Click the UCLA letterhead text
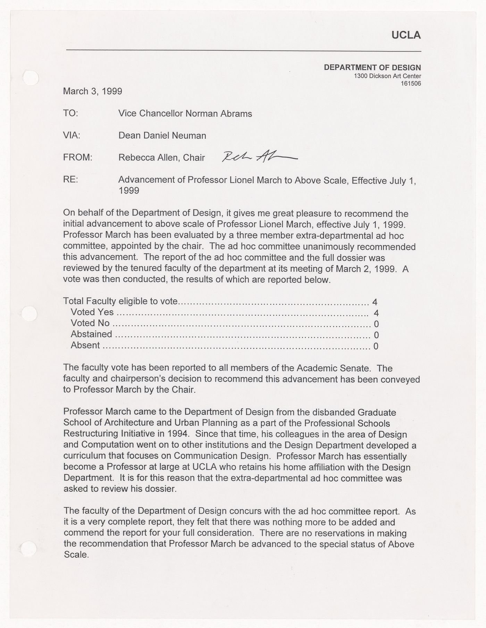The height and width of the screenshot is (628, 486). [406, 35]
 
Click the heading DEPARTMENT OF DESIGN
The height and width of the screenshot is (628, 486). [372, 68]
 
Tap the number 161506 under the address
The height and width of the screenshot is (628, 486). [411, 84]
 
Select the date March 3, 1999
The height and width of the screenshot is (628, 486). [92, 91]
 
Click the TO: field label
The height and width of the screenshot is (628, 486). [71, 113]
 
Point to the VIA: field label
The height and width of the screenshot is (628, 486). [72, 136]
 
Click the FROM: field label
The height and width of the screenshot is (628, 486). [77, 158]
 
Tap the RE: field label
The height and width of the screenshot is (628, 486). [70, 180]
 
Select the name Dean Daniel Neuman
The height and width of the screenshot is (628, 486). [162, 136]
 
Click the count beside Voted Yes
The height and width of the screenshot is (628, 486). [376, 313]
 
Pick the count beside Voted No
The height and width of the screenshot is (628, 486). [376, 324]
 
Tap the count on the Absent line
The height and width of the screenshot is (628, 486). [376, 346]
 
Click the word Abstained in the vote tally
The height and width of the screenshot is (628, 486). [91, 334]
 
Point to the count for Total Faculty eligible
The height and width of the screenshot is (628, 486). [374, 302]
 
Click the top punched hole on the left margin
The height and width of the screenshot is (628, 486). [31, 77]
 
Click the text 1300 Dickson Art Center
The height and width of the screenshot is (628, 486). [387, 76]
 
